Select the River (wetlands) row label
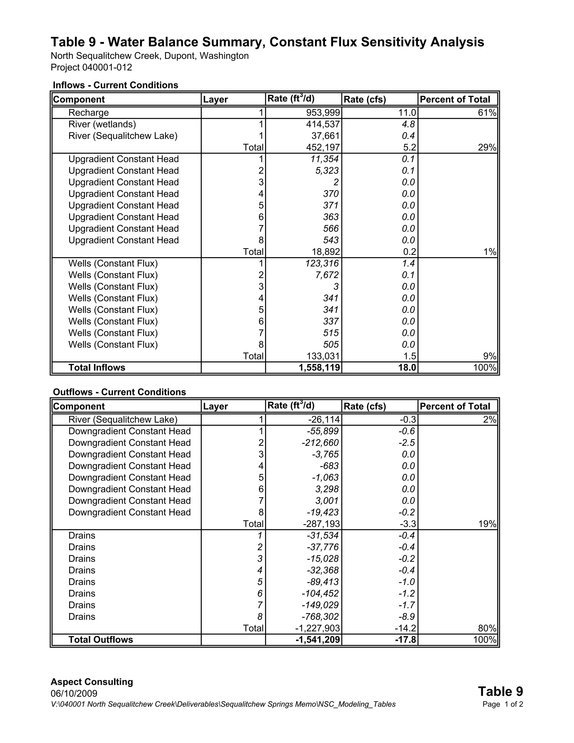pos(102,124)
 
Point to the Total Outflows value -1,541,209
pos(318,640)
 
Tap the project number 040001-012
pos(107,67)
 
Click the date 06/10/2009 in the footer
pos(74,694)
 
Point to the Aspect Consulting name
pos(92,682)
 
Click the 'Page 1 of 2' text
pos(503,704)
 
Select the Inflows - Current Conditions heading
pos(116,85)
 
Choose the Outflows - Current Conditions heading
pos(120,392)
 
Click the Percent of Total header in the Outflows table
pos(455,406)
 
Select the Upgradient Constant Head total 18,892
pos(326,252)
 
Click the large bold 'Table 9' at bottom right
pos(500,692)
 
